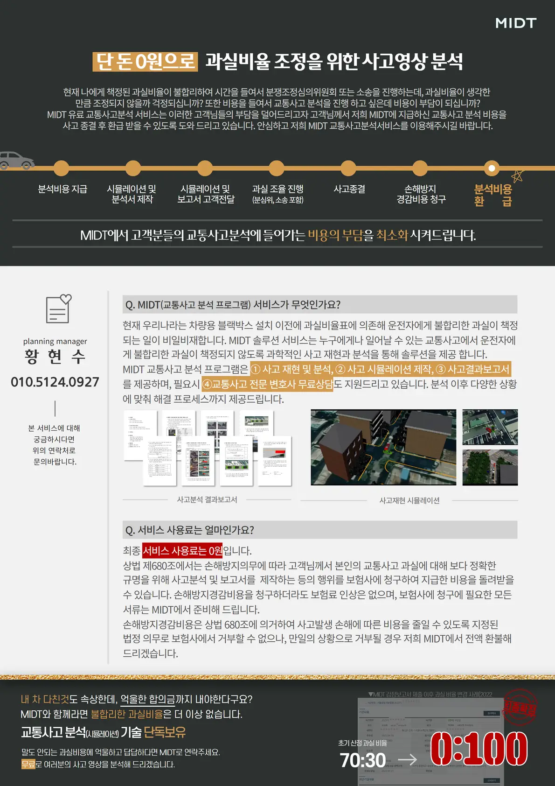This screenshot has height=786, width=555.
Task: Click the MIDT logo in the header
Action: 515,23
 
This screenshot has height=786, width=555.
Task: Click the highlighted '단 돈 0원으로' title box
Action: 145,62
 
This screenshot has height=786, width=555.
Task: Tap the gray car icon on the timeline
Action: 17,160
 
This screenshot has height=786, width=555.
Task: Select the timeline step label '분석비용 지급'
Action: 62,189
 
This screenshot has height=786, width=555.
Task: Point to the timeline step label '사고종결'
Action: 349,189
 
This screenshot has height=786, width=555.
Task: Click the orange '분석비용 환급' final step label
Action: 493,195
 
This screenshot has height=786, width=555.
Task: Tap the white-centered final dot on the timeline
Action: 492,168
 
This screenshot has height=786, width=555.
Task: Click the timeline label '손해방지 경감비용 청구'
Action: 421,194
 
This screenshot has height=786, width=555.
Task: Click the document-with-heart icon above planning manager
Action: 58,309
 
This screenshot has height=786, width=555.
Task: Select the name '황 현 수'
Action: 55,357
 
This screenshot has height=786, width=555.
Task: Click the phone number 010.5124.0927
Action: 55,382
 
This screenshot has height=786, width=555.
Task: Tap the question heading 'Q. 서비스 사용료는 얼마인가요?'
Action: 189,530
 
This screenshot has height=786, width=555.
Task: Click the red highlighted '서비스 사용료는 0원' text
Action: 182,551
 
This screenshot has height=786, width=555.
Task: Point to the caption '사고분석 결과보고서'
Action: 207,499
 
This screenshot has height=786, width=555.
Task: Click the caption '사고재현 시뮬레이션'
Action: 409,500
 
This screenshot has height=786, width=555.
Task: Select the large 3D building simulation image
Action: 383,448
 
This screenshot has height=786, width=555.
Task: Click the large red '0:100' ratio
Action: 479,749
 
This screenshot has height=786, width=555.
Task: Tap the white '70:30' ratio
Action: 363,760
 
